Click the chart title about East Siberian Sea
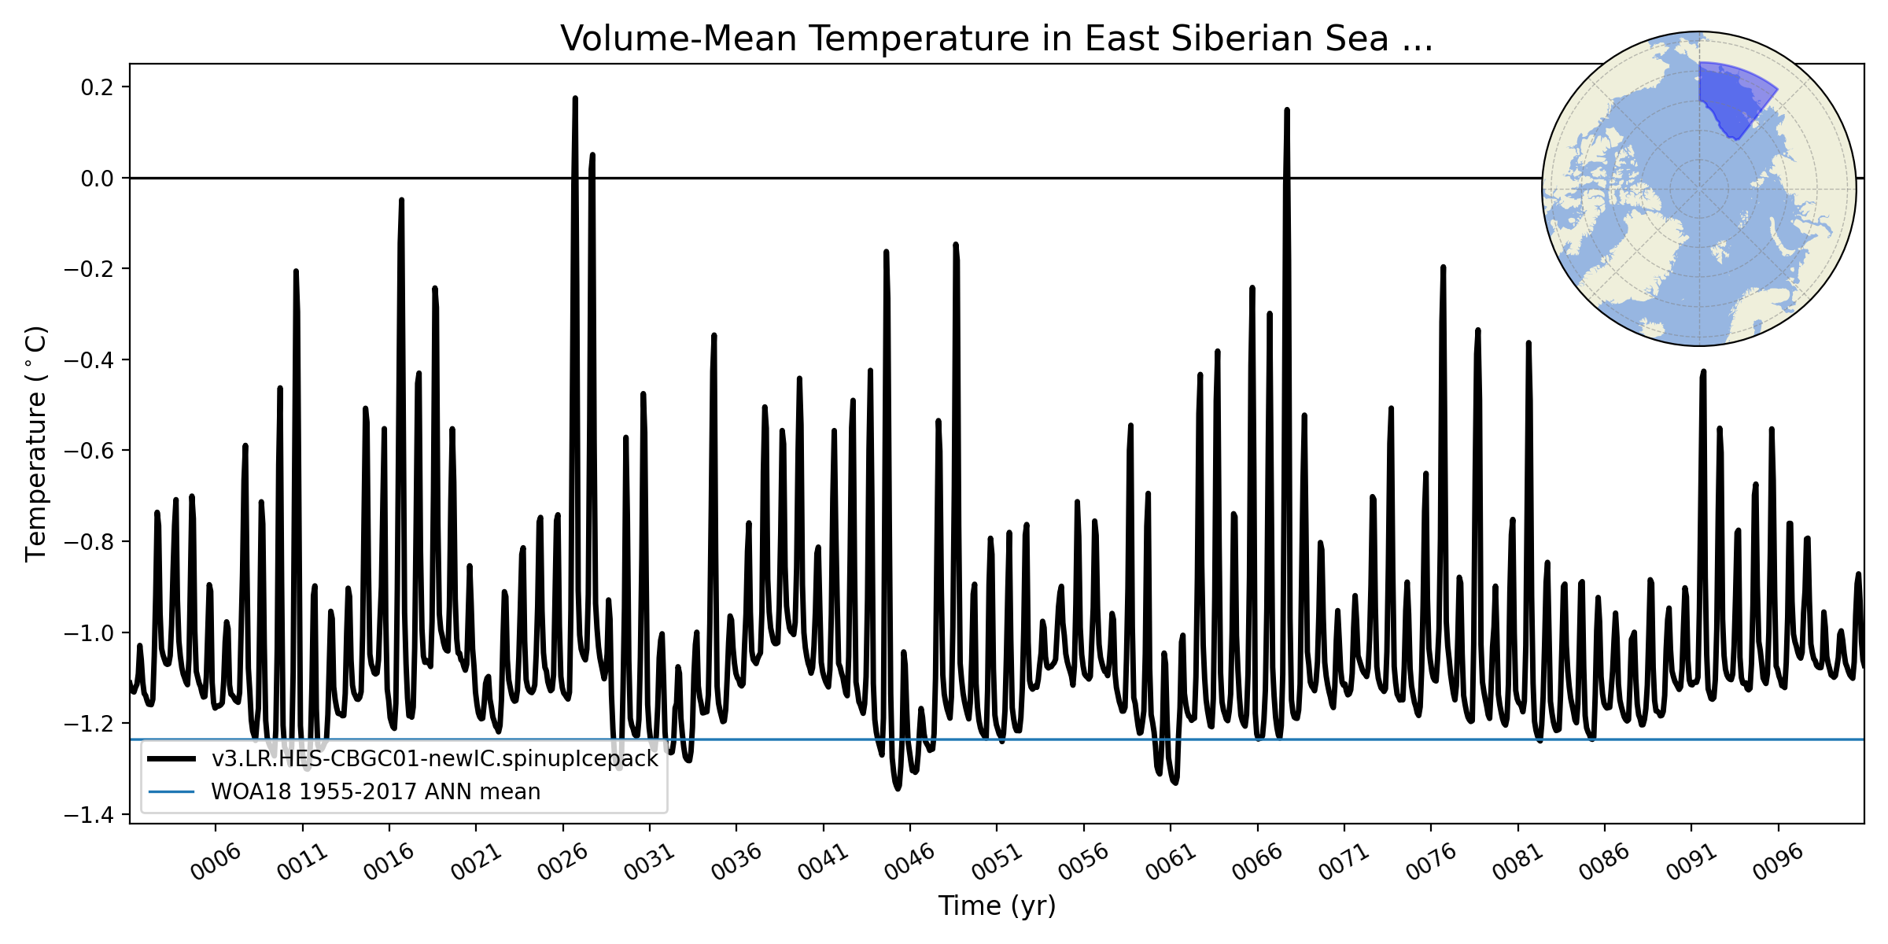tap(996, 39)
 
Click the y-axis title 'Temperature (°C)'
tap(36, 444)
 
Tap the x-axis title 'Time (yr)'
tap(997, 906)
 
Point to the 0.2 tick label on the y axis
tap(97, 87)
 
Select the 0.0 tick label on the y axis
tap(97, 179)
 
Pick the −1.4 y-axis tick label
tap(92, 815)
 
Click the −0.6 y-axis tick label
tap(92, 451)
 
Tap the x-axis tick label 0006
tap(216, 862)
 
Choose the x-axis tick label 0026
tap(562, 862)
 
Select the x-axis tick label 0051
tap(997, 862)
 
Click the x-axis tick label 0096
tap(1778, 862)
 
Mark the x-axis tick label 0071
tap(1344, 862)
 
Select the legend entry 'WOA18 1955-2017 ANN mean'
tap(375, 792)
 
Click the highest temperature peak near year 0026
tap(575, 99)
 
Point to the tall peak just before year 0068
tap(1287, 111)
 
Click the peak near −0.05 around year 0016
tap(401, 201)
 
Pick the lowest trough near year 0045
tap(898, 787)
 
